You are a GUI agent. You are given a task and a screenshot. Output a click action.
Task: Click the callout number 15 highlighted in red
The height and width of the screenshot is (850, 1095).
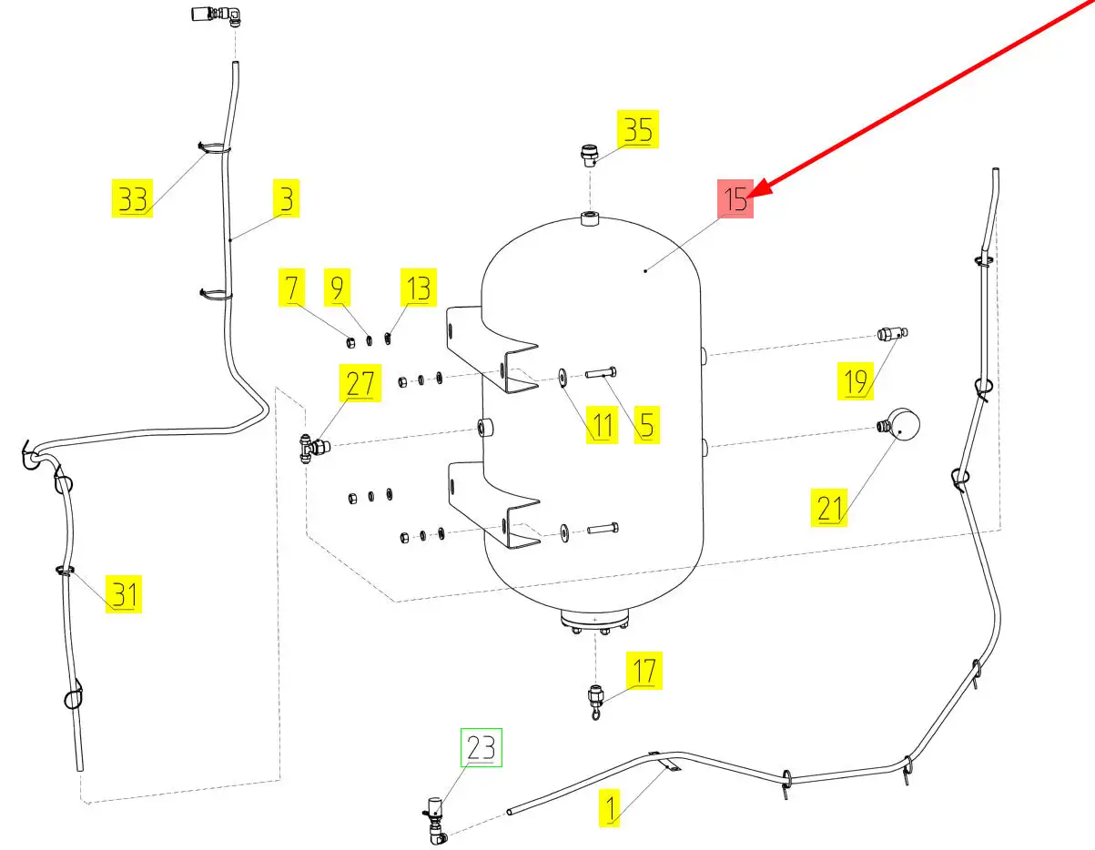pos(735,199)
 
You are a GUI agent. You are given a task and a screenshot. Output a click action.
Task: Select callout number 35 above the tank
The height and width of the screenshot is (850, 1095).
pos(636,131)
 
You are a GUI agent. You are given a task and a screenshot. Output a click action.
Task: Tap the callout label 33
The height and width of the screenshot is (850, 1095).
pos(133,199)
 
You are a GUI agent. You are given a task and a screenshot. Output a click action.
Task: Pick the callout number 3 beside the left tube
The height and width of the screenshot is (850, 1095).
pos(287,199)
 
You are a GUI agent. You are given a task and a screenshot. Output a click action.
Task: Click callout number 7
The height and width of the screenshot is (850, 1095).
pos(291,289)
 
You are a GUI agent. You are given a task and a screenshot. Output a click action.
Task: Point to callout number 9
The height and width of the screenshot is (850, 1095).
pos(338,289)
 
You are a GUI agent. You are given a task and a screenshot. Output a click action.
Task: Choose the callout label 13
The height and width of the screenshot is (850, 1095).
pos(419,289)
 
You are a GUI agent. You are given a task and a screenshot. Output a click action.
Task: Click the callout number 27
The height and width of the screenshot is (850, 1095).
pos(360,383)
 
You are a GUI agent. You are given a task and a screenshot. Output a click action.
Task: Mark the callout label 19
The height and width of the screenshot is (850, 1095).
pos(856,382)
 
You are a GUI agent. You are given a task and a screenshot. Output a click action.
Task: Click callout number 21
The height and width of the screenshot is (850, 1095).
pos(829,508)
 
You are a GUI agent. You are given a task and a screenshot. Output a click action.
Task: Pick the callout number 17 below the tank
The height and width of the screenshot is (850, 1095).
pos(644,672)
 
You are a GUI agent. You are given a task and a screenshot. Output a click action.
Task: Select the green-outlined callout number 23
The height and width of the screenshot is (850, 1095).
pos(481,748)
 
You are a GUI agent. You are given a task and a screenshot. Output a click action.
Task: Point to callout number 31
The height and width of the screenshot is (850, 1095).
pos(124,594)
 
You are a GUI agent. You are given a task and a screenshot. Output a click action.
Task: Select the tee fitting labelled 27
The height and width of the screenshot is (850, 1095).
pos(312,447)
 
